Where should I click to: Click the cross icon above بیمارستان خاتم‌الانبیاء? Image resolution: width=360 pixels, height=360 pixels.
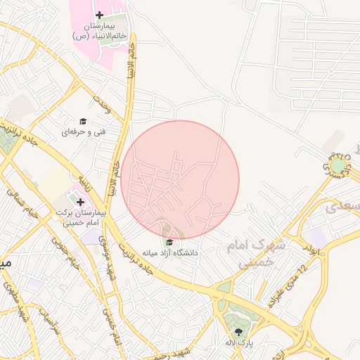pyautogui.click(x=99, y=15)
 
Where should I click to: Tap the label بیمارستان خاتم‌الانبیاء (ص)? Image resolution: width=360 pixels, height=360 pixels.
pyautogui.click(x=99, y=30)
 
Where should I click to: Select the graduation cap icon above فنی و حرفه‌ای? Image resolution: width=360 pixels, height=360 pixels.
pyautogui.click(x=82, y=121)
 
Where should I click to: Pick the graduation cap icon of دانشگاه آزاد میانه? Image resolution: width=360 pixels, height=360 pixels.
pyautogui.click(x=169, y=242)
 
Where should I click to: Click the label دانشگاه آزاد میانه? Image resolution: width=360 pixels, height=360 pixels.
pyautogui.click(x=170, y=252)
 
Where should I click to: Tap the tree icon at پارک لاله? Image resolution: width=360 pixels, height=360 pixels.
pyautogui.click(x=238, y=332)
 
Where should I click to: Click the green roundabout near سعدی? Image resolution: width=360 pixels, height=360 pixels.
pyautogui.click(x=339, y=166)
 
